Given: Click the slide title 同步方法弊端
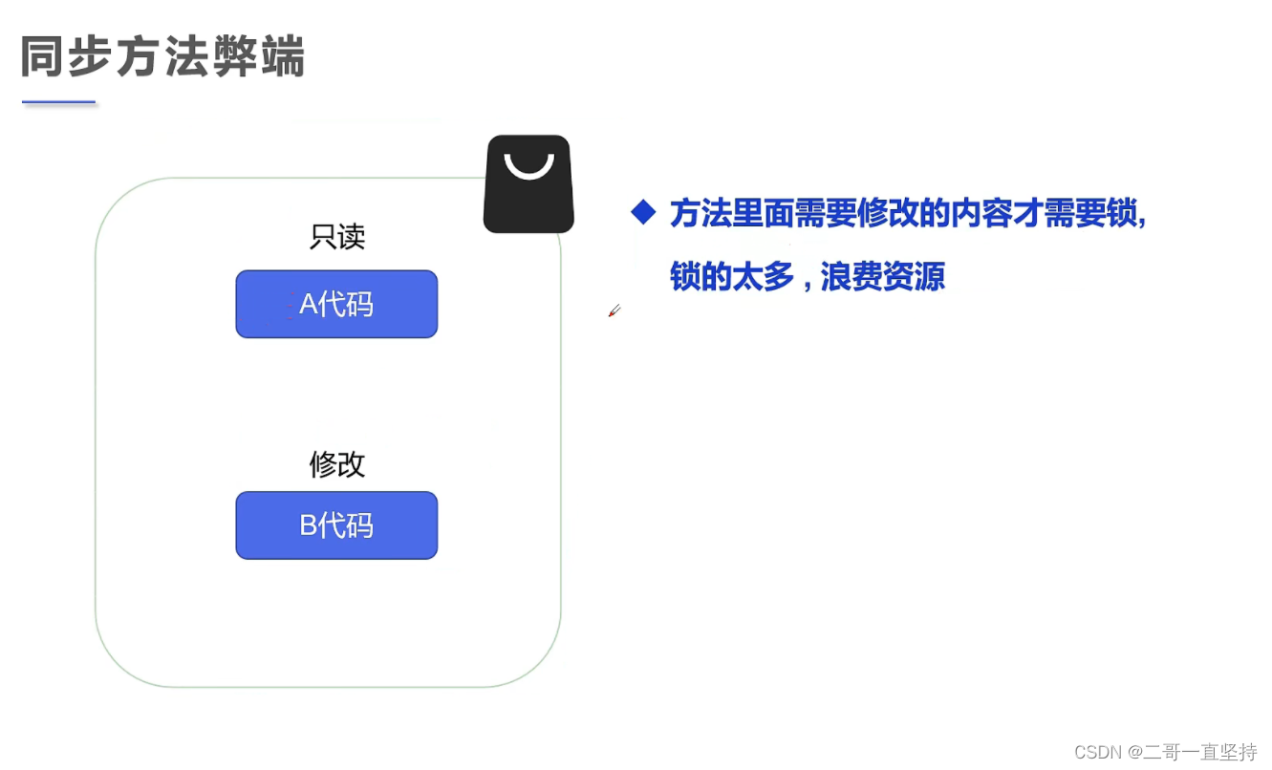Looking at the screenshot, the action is pyautogui.click(x=162, y=57).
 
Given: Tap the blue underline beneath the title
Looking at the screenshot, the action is pyautogui.click(x=59, y=101).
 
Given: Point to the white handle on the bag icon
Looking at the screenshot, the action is pyautogui.click(x=528, y=166).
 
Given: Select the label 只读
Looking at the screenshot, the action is pyautogui.click(x=337, y=236).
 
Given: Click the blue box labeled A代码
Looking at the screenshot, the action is pyautogui.click(x=336, y=304).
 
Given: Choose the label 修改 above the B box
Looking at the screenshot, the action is pyautogui.click(x=337, y=464).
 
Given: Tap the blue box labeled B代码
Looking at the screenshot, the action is pyautogui.click(x=336, y=525).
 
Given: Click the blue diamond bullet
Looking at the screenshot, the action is pyautogui.click(x=643, y=212).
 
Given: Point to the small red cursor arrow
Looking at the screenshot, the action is pyautogui.click(x=614, y=310).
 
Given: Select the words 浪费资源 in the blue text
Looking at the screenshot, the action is pyautogui.click(x=882, y=277).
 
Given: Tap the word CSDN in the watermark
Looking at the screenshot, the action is pyautogui.click(x=1097, y=752).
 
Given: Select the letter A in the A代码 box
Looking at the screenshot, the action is pyautogui.click(x=308, y=304).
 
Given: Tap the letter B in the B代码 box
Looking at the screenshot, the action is pyautogui.click(x=308, y=525).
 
